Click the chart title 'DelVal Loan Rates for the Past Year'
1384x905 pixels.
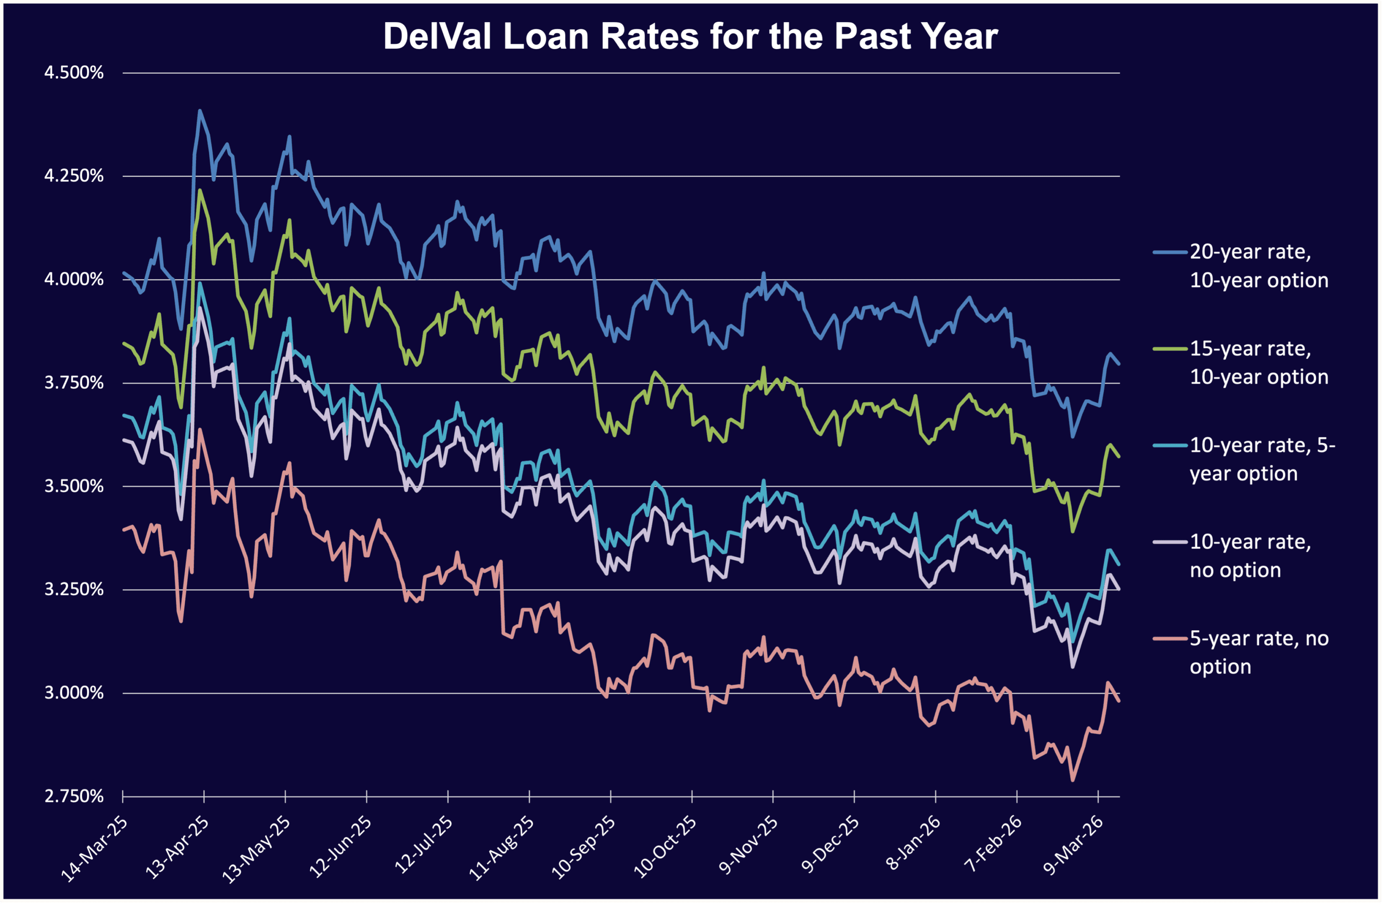pos(690,36)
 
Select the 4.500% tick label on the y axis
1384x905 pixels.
pos(74,73)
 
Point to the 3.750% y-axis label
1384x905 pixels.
pos(74,383)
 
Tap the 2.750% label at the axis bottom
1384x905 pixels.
pos(74,796)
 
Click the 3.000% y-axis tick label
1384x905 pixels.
pos(74,693)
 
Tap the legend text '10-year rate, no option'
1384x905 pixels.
pos(1250,556)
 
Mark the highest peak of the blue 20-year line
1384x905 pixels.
pos(199,111)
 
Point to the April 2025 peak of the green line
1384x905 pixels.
pos(199,190)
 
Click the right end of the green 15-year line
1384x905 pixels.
pos(1119,457)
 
